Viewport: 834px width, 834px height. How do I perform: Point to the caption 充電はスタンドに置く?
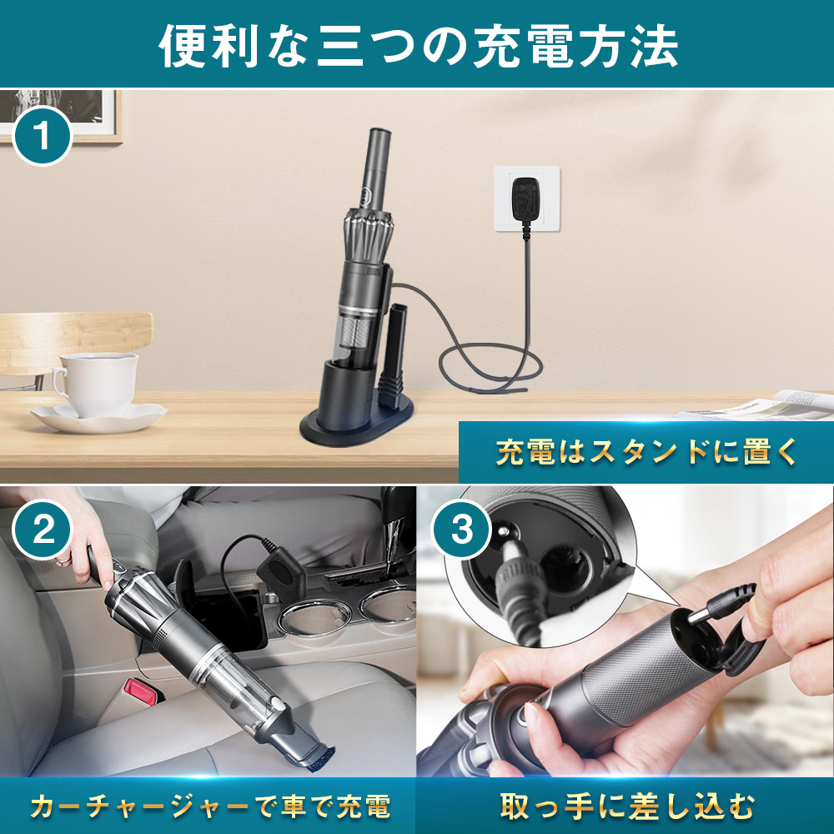[x=647, y=453]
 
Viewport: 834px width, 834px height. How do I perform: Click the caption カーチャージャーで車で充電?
[x=208, y=806]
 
